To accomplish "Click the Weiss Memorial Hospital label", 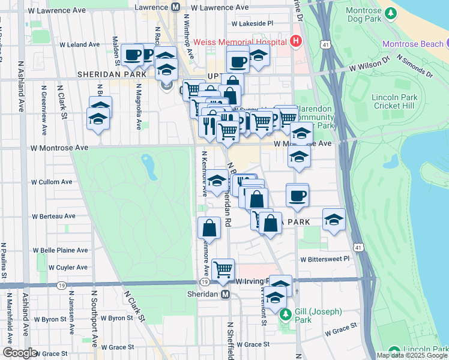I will click(240, 42).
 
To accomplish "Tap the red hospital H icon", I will click(295, 41).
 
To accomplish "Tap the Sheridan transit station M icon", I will click(225, 295).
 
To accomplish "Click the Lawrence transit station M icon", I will click(175, 7).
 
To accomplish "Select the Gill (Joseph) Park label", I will click(318, 316).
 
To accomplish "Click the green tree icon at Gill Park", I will click(286, 314).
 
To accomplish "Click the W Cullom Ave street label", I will click(52, 181).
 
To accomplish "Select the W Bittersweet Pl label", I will click(325, 259).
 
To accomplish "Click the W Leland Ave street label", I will click(80, 44).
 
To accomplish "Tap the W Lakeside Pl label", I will click(253, 23).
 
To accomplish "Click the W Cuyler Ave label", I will click(68, 267).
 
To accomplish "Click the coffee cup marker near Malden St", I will click(132, 56).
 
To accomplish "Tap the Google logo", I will click(19, 353).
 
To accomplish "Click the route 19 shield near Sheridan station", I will click(205, 282).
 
